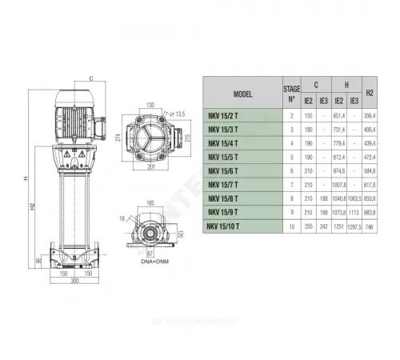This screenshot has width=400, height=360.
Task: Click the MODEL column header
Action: [242, 94]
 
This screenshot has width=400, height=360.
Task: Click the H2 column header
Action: [370, 94]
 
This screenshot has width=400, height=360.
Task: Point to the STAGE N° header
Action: [291, 94]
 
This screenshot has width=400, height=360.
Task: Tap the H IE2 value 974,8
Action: [338, 170]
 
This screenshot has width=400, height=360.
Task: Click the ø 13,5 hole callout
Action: [180, 115]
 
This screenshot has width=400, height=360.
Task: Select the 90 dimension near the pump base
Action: [38, 261]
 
